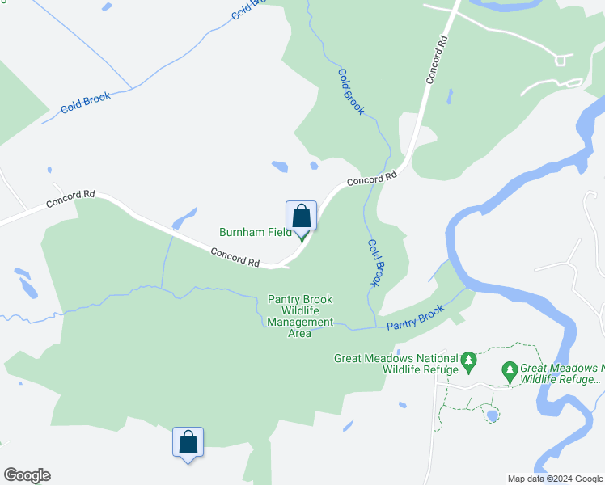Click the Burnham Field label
[x=255, y=232]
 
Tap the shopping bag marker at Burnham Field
[x=301, y=217]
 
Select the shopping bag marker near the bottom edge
[x=188, y=443]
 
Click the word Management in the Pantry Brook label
[x=300, y=322]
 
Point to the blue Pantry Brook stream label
[x=415, y=317]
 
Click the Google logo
[x=27, y=475]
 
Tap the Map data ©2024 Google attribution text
[x=554, y=479]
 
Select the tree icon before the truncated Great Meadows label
[x=509, y=372]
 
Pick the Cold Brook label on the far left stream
[x=86, y=103]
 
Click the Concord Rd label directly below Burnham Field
[x=235, y=257]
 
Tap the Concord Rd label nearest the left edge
[x=71, y=199]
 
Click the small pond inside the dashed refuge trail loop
[x=491, y=415]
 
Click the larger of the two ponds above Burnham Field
[x=280, y=167]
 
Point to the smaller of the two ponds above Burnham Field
[x=314, y=167]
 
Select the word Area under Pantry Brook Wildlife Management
[x=300, y=333]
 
